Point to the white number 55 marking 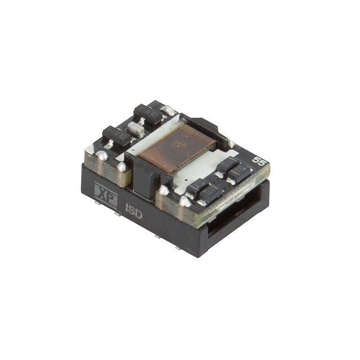pyautogui.click(x=259, y=160)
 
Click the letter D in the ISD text pyautogui.click(x=139, y=214)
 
